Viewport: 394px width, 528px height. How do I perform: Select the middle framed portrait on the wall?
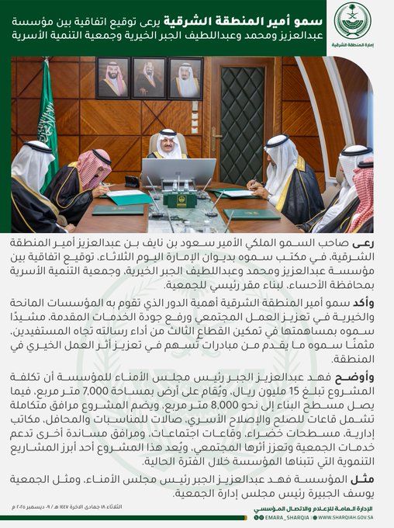[x=148, y=78]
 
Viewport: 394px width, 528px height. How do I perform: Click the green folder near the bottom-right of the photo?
[x=251, y=214]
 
